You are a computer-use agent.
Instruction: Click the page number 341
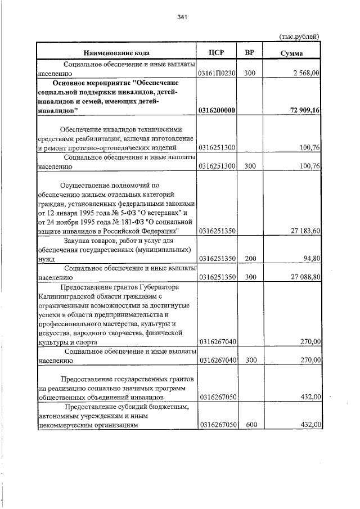point(181,17)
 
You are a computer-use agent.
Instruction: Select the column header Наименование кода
point(116,53)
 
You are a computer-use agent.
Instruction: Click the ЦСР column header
point(216,53)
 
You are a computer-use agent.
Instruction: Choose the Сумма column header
point(292,53)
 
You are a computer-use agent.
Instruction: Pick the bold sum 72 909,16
point(302,110)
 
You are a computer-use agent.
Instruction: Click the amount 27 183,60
point(304,231)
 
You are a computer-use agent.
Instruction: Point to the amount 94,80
point(311,259)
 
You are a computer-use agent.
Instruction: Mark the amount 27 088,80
point(304,277)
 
